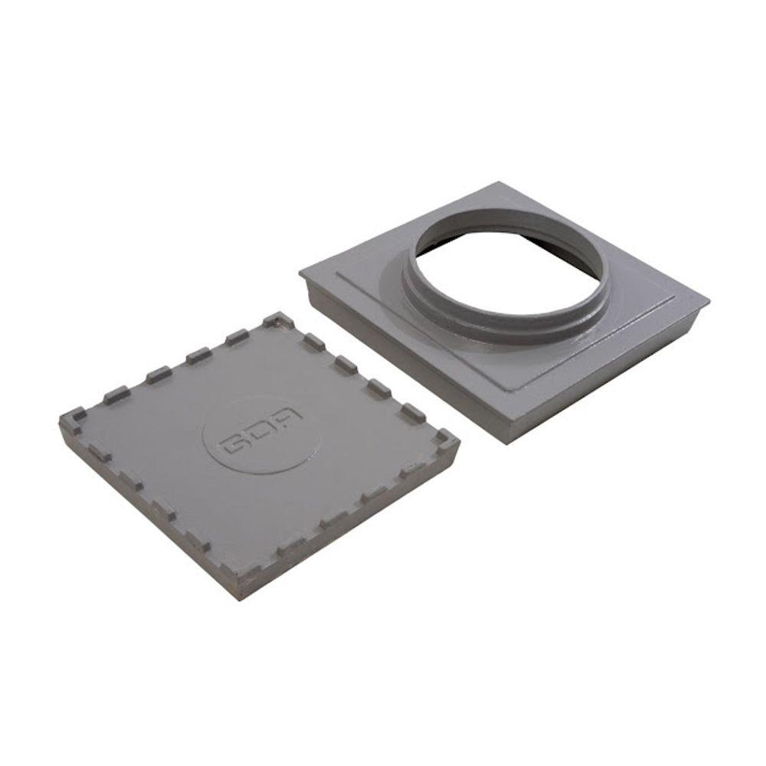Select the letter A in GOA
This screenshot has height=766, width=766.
pos(290,415)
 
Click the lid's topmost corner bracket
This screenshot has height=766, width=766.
pos(276,320)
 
